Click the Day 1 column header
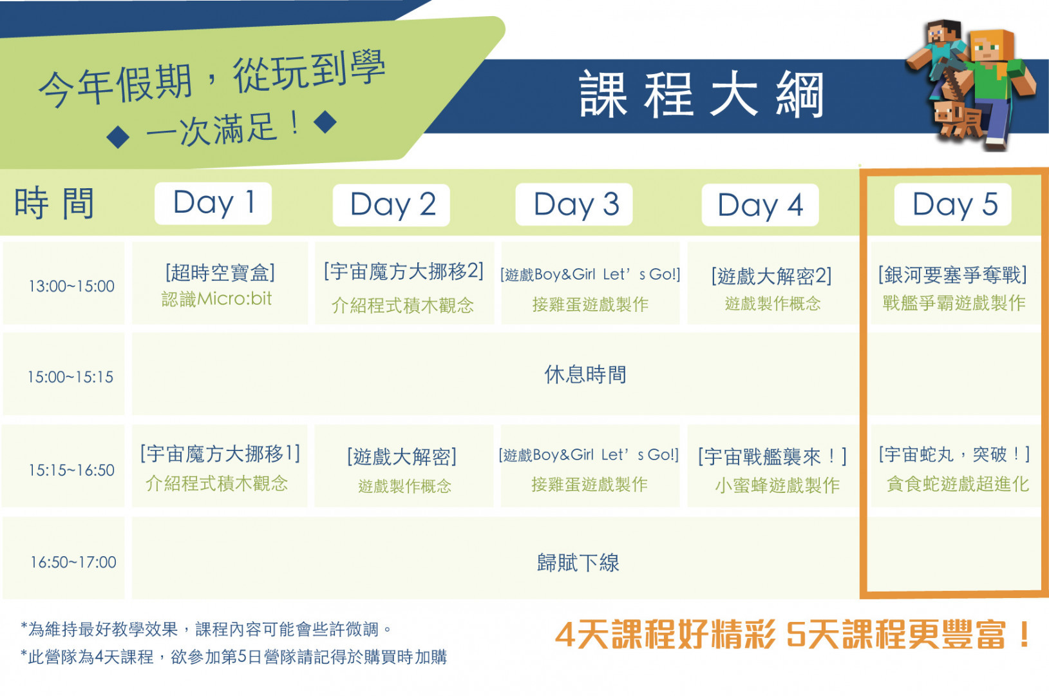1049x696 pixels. click(x=213, y=203)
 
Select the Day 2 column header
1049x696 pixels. click(x=392, y=204)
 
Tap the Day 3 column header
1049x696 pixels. click(x=574, y=204)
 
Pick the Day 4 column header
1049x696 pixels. click(x=760, y=205)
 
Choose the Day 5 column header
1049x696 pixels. click(x=953, y=204)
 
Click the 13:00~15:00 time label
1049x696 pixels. click(x=71, y=286)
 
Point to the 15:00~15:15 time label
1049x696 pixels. click(x=70, y=377)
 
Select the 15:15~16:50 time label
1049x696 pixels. click(x=71, y=470)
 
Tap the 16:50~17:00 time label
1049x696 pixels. click(x=73, y=561)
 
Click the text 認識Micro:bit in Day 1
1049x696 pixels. click(x=216, y=298)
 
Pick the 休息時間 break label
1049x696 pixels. click(x=585, y=374)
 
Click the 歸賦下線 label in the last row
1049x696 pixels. click(x=578, y=562)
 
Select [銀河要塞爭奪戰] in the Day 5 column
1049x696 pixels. click(x=952, y=275)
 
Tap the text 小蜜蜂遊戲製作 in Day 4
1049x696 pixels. click(x=777, y=485)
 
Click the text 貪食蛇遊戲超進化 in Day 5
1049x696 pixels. click(x=958, y=484)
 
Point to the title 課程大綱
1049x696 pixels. click(x=701, y=95)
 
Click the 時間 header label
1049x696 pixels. click(x=55, y=203)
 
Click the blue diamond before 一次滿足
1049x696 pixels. click(x=118, y=137)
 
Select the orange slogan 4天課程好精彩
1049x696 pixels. click(x=665, y=635)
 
